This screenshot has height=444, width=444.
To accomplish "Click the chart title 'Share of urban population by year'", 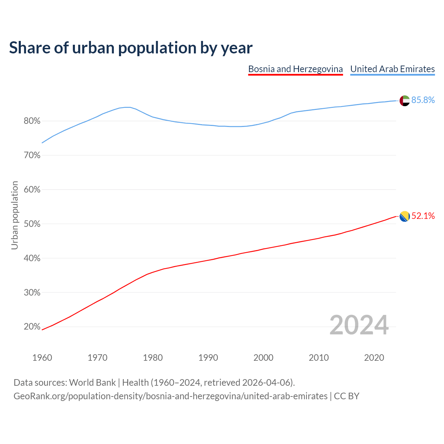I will [131, 48].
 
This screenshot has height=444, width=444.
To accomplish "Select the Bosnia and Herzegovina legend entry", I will [296, 69].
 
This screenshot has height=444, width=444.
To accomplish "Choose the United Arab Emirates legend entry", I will [392, 69].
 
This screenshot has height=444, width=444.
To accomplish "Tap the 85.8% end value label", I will [423, 100].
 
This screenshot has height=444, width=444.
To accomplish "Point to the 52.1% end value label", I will [423, 216].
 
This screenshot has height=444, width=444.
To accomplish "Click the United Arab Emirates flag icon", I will [404, 101].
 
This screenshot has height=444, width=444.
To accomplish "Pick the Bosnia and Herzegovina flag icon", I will [404, 216].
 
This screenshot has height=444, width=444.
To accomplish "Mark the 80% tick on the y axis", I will [32, 121].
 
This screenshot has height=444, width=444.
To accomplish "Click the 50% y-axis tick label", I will [32, 224].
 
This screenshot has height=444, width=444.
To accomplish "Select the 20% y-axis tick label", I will [32, 327].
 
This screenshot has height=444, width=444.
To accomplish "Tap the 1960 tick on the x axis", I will [42, 358].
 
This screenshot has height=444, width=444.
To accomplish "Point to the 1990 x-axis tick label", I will [208, 358].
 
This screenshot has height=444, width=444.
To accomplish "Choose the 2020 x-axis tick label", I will [374, 358].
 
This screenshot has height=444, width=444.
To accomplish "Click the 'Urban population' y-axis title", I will [15, 215].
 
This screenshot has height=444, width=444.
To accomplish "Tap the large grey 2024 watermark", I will [359, 325].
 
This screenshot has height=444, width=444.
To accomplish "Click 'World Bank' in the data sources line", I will [92, 383].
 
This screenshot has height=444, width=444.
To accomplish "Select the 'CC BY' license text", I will [347, 396].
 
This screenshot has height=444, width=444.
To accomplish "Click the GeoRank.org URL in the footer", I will [170, 396].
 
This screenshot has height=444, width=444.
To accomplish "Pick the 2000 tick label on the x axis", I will [264, 358].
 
